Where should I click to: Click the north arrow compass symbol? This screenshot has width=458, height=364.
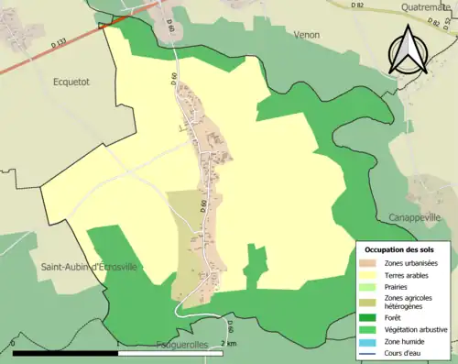409,51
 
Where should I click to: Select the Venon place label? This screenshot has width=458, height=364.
307,35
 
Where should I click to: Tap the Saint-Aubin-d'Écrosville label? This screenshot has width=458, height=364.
88,266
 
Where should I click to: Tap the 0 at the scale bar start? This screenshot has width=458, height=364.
13,344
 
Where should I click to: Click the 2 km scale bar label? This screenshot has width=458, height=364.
228,344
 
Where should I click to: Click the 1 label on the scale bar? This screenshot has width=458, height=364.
118,344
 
